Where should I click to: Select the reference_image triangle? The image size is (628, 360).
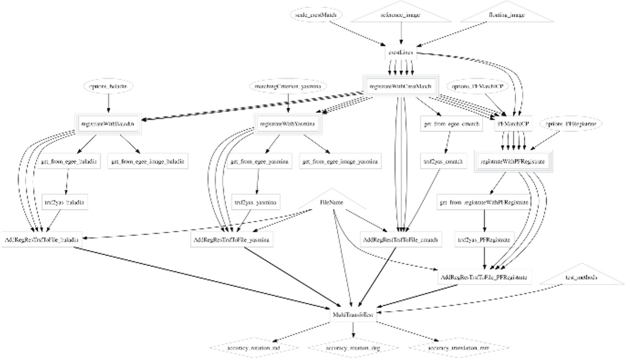pyautogui.click(x=401, y=15)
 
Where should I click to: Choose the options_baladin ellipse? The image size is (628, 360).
pyautogui.click(x=108, y=86)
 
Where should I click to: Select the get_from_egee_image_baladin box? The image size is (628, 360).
pyautogui.click(x=148, y=161)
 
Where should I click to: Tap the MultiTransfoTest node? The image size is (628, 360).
pyautogui.click(x=352, y=315)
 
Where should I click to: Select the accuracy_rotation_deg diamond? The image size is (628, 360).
pyautogui.click(x=352, y=347)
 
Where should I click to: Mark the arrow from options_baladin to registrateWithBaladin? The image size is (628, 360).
pyautogui.click(x=108, y=104)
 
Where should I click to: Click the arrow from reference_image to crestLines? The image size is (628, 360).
pyautogui.click(x=402, y=34)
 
